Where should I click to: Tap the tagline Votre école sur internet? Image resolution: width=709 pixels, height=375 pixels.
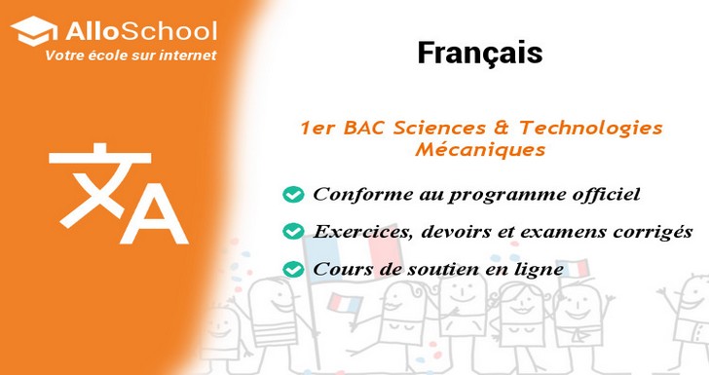[131, 56]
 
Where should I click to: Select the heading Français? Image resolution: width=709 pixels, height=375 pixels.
[479, 53]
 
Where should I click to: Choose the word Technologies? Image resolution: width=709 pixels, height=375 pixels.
[590, 128]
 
